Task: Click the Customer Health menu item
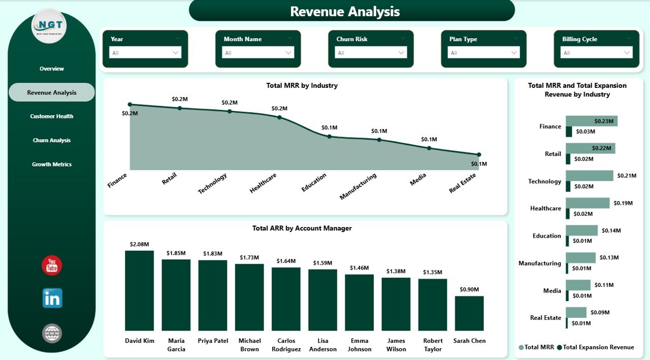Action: pyautogui.click(x=51, y=116)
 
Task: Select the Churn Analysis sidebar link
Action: pyautogui.click(x=51, y=140)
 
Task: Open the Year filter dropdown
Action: pyautogui.click(x=145, y=53)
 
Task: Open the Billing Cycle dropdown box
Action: pyautogui.click(x=596, y=53)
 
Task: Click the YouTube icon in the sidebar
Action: pyautogui.click(x=52, y=266)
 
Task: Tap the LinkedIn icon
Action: pyautogui.click(x=52, y=299)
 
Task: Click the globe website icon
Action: pyautogui.click(x=52, y=333)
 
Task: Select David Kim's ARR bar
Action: pyautogui.click(x=139, y=290)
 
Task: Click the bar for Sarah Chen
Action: pyautogui.click(x=469, y=313)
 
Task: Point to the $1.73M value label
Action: pyautogui.click(x=249, y=258)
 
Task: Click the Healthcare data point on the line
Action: pyautogui.click(x=279, y=117)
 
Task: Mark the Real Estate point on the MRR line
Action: pyautogui.click(x=479, y=154)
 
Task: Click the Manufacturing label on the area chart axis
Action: pyautogui.click(x=359, y=186)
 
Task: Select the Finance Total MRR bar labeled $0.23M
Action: pyautogui.click(x=591, y=121)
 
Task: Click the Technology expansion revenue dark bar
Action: pyautogui.click(x=568, y=186)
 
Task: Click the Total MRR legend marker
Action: pyautogui.click(x=521, y=347)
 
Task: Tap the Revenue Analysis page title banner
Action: pyautogui.click(x=351, y=11)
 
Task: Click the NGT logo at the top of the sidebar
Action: pyautogui.click(x=49, y=26)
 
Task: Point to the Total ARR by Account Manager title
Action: pyautogui.click(x=302, y=228)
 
